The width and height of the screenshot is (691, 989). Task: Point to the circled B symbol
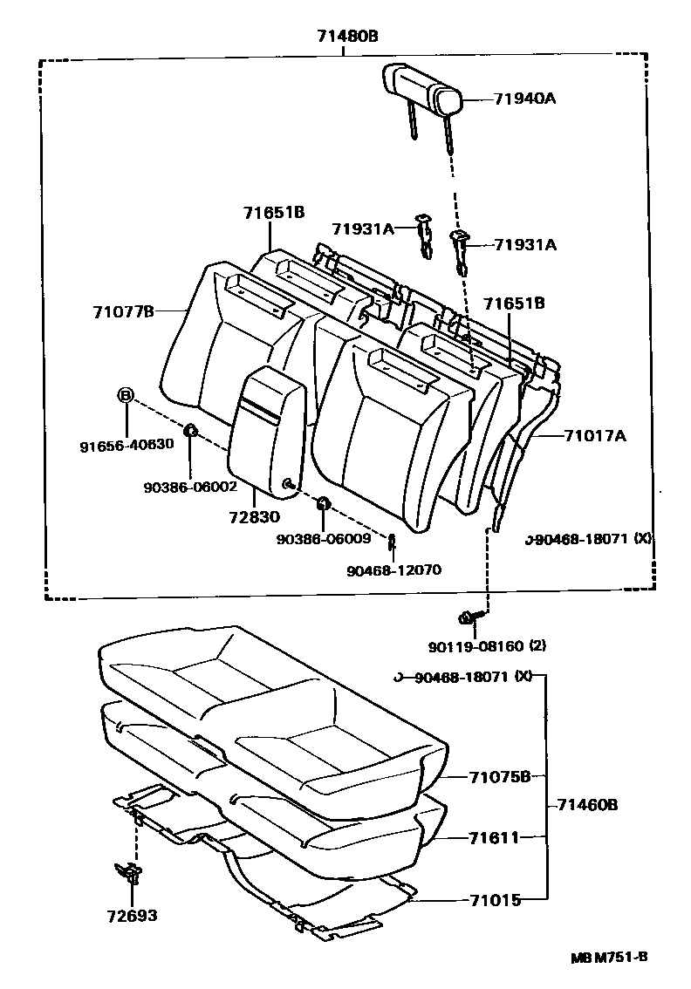126,396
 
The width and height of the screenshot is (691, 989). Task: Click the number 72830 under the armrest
256,518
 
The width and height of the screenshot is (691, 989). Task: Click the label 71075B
499,776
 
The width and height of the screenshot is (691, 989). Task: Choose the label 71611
494,837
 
